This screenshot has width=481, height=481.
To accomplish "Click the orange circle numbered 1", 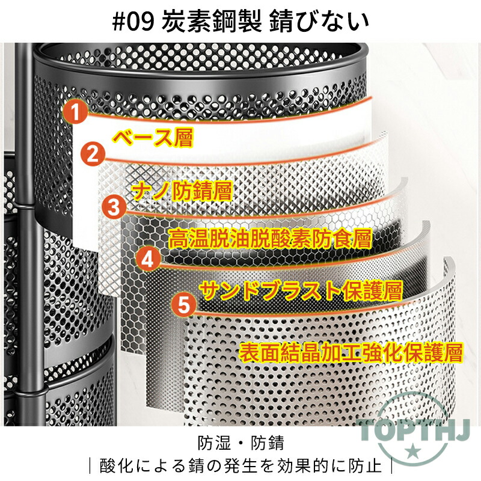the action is [76, 112].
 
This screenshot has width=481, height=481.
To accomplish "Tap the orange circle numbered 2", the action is [93, 155].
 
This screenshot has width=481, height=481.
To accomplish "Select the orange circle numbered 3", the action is [114, 207].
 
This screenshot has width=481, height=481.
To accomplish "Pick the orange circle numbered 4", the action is [148, 260].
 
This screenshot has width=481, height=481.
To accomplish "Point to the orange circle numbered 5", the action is [184, 305].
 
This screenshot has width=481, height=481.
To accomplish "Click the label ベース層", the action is [153, 138].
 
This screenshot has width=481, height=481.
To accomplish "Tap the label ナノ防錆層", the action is [182, 191].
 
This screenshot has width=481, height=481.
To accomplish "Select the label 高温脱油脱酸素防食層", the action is [270, 238].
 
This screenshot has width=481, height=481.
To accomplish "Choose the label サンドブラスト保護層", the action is [301, 290].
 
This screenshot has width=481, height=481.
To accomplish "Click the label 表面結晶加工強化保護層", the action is [351, 353].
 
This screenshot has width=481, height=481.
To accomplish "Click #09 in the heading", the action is [133, 22].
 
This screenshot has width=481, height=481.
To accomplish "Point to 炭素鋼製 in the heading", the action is [212, 22].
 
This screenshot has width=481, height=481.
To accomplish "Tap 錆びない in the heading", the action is [319, 22].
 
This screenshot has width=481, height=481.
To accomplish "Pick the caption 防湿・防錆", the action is [241, 443].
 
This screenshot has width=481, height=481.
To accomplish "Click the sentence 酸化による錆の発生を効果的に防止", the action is [240, 465].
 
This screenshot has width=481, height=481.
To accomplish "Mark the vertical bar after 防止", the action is [392, 466].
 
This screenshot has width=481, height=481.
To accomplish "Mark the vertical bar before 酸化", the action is [90, 466].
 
